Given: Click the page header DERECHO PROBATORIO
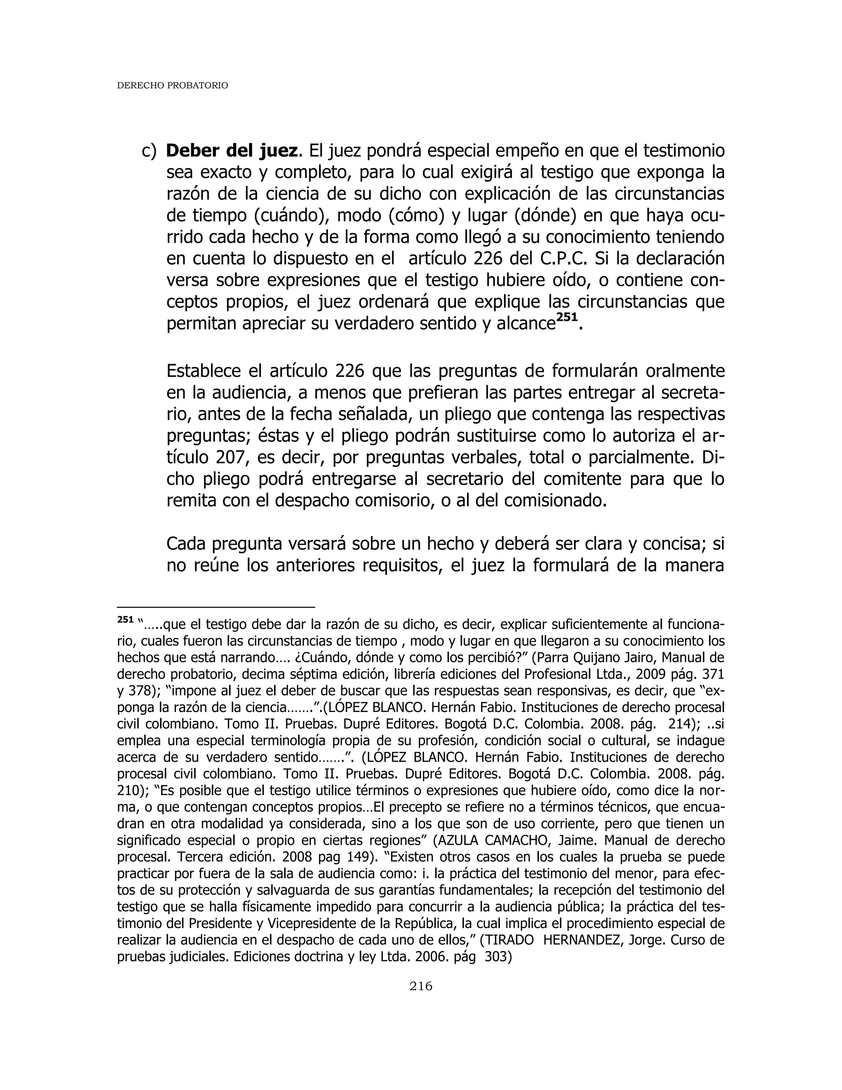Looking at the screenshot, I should click(x=172, y=86).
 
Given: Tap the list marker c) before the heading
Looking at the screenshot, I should click(x=149, y=151).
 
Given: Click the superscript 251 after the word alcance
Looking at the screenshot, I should click(x=567, y=318).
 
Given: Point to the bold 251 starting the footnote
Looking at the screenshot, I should click(x=125, y=620).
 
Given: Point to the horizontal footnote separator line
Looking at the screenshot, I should click(x=216, y=607).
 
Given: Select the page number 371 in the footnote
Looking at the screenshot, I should click(x=713, y=675).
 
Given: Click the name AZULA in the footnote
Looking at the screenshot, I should click(x=456, y=840).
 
